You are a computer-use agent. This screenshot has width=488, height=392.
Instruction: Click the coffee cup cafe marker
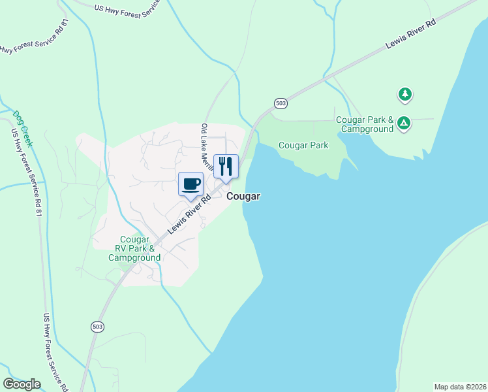(x=191, y=184)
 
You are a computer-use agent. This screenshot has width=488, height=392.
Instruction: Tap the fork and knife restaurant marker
(x=226, y=166)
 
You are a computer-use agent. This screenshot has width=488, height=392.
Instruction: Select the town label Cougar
(x=244, y=196)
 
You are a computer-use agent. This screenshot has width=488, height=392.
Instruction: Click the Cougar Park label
(x=303, y=145)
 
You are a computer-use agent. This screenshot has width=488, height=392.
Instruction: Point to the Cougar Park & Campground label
(x=365, y=124)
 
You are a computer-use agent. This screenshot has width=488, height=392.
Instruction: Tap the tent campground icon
(x=404, y=122)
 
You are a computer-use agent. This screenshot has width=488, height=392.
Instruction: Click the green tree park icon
(x=405, y=95)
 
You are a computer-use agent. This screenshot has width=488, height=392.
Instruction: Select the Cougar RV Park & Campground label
(x=134, y=249)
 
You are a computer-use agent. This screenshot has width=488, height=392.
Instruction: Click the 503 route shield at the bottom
(x=97, y=327)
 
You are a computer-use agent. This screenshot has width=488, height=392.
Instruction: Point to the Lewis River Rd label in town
(x=190, y=214)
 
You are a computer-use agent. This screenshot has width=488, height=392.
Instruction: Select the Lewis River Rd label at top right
(x=410, y=34)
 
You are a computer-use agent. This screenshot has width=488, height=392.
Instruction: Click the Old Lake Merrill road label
(x=209, y=148)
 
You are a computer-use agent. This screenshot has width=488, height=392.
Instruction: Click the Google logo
(x=22, y=384)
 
